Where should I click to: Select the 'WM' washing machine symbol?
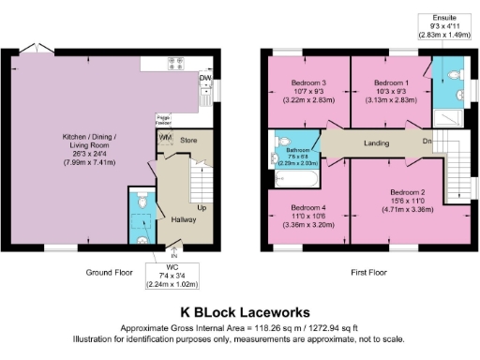[x=166, y=139]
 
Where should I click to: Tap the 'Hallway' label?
[x=183, y=220]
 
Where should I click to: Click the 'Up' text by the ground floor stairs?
[x=202, y=207]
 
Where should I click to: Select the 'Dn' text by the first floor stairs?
[x=427, y=142]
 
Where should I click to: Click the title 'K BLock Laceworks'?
[x=240, y=310]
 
